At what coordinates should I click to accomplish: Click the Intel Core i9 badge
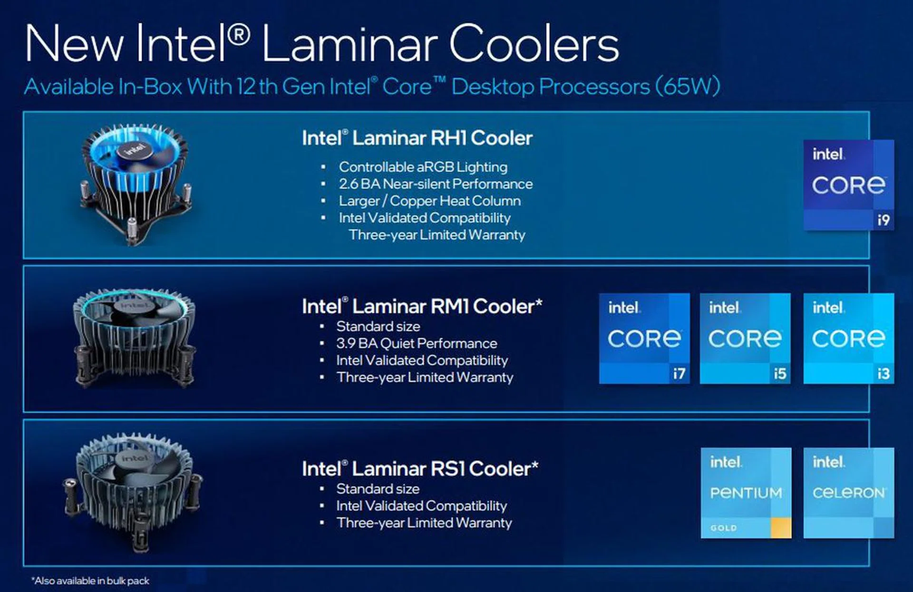click(849, 185)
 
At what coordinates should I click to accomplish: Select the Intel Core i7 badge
click(644, 339)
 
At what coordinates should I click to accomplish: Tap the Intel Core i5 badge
click(745, 339)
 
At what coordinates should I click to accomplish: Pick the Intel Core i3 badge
click(849, 339)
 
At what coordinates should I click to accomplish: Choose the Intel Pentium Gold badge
click(746, 493)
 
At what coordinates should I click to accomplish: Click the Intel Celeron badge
click(849, 493)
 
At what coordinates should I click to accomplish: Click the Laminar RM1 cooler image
click(135, 338)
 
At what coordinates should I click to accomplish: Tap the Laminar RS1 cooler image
click(133, 492)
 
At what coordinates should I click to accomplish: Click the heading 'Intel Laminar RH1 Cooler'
click(417, 138)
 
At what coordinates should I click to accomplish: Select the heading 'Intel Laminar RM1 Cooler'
click(422, 306)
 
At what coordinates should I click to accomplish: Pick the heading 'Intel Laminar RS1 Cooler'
click(420, 469)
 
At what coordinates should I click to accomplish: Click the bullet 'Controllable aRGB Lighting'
click(423, 167)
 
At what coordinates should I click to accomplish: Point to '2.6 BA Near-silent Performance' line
click(436, 184)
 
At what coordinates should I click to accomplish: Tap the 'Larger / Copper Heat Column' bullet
click(430, 201)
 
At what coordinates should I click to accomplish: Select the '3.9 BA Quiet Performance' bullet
click(417, 343)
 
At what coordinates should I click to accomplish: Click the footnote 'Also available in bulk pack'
click(90, 581)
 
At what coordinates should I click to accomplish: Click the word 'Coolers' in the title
click(534, 44)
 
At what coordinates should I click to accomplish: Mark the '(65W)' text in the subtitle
click(688, 87)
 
